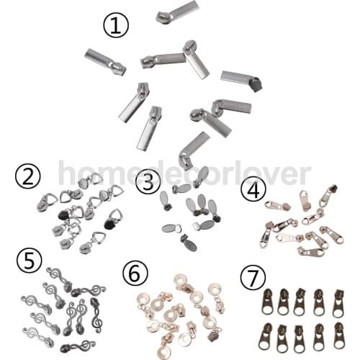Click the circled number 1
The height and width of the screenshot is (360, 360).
click(x=116, y=24)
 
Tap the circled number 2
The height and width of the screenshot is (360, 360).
click(x=27, y=178)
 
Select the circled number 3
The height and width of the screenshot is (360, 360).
click(x=148, y=181)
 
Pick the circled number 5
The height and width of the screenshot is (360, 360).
click(x=30, y=262)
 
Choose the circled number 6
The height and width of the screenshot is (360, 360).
click(x=135, y=274)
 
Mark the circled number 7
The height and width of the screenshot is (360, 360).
click(x=253, y=278)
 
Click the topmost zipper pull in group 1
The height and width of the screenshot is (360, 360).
click(x=178, y=11)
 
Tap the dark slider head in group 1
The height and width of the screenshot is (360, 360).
click(x=254, y=84)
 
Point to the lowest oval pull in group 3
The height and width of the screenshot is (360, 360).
click(x=189, y=242)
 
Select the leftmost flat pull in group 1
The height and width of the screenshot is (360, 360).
click(x=105, y=62)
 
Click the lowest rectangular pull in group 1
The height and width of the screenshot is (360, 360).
click(x=194, y=148)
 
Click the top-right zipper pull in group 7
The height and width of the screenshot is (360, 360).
click(x=338, y=303)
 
